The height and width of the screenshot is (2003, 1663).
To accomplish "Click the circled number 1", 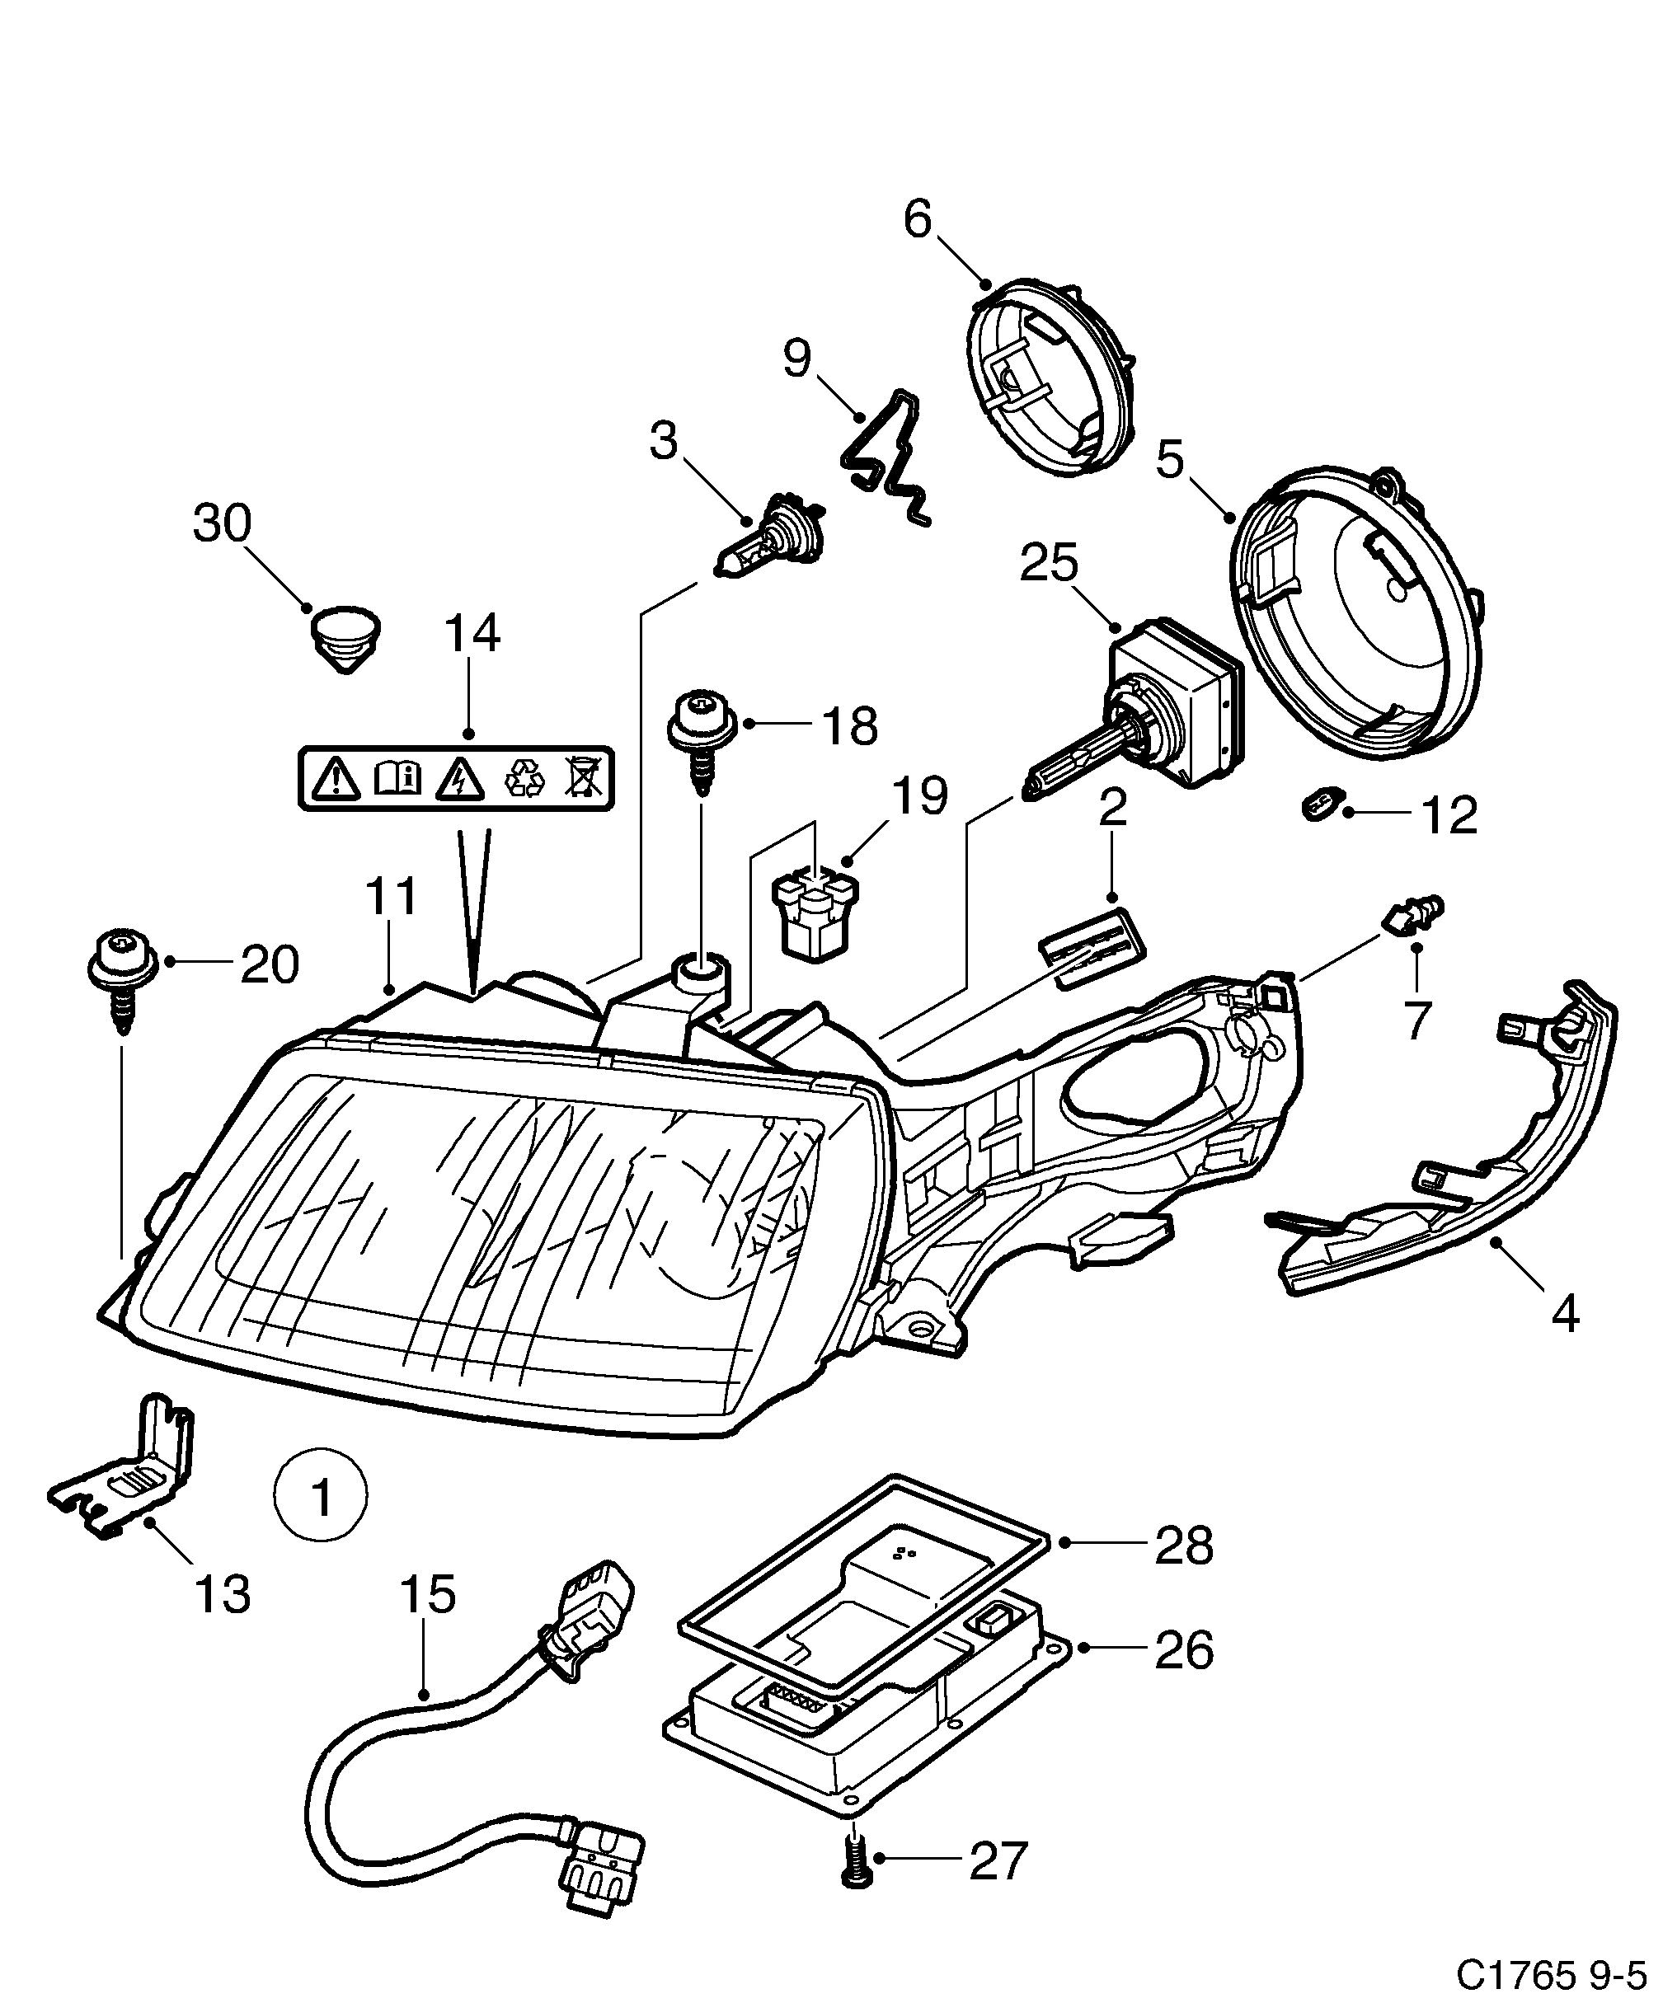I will pyautogui.click(x=320, y=1523).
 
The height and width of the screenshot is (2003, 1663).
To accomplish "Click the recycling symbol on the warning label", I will pyautogui.click(x=524, y=777).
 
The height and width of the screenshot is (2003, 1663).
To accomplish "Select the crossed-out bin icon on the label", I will pyautogui.click(x=582, y=777).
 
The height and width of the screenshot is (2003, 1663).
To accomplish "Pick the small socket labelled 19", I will pyautogui.click(x=815, y=910).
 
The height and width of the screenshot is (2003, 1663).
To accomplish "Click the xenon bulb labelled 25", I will pyautogui.click(x=1135, y=720).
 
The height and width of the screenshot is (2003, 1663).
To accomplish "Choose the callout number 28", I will pyautogui.click(x=1183, y=1546).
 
